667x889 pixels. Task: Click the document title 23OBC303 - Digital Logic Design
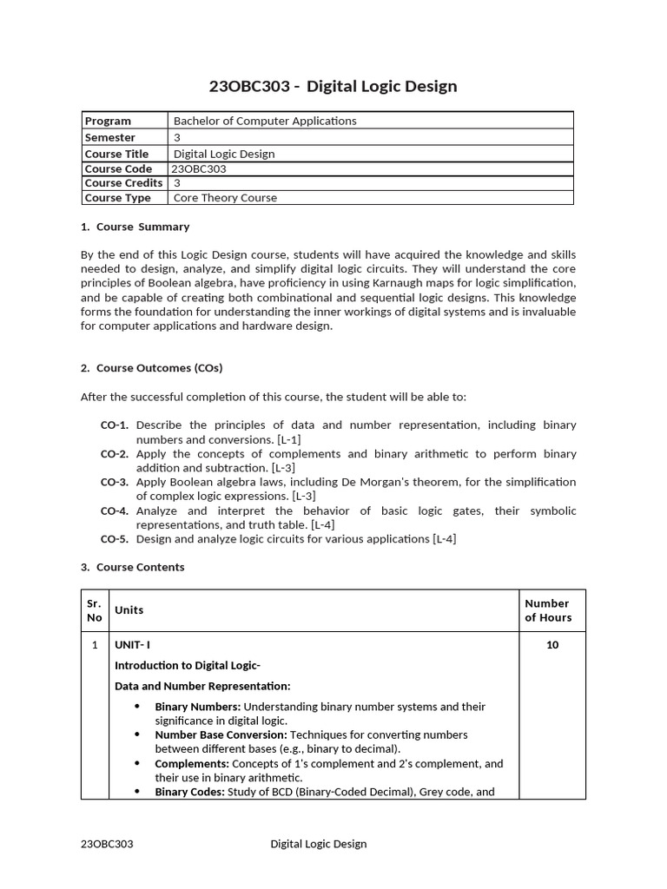coord(333,86)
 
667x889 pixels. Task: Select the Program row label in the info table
coord(108,121)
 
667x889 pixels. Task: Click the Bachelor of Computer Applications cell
coord(265,121)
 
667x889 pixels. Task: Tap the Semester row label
coord(110,137)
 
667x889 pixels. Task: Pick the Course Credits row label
coord(123,183)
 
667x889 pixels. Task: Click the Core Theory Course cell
coord(225,198)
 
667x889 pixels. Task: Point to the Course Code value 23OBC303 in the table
coord(199,168)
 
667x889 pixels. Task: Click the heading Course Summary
coord(142,227)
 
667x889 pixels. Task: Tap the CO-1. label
coord(115,425)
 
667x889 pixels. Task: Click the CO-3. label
coord(115,482)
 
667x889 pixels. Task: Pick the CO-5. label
coord(115,539)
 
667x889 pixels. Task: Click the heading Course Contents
coord(140,567)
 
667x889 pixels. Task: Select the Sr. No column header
coord(95,610)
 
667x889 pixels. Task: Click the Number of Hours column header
coord(548,610)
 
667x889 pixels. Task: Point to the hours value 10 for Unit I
coord(552,645)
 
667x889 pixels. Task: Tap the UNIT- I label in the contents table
coord(133,645)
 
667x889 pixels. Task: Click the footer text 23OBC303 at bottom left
coord(107,844)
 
